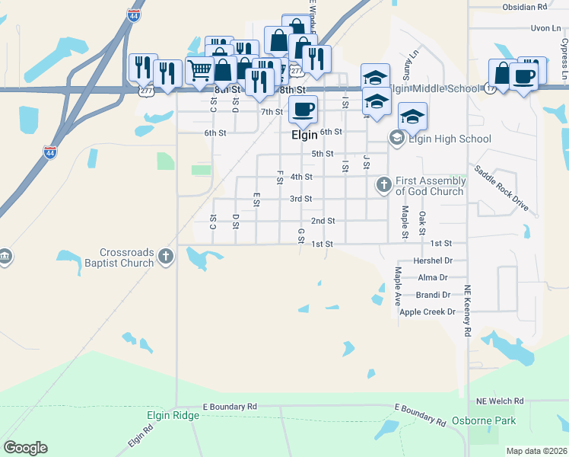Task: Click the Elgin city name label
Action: pos(304,135)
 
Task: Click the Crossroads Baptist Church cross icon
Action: pos(166,259)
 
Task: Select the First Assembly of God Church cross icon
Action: pos(384,184)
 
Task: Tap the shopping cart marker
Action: pos(199,69)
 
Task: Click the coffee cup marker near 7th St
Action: pos(303,109)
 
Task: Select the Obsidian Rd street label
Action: pos(525,7)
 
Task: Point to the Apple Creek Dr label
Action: pos(427,312)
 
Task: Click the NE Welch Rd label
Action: pos(500,401)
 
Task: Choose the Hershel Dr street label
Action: pos(433,260)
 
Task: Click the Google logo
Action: pos(25,448)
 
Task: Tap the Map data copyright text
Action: pos(536,451)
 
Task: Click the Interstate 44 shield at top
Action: pos(133,14)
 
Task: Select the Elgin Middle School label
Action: pos(434,88)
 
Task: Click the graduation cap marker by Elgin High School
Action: pos(412,116)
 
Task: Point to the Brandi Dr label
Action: pos(434,295)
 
